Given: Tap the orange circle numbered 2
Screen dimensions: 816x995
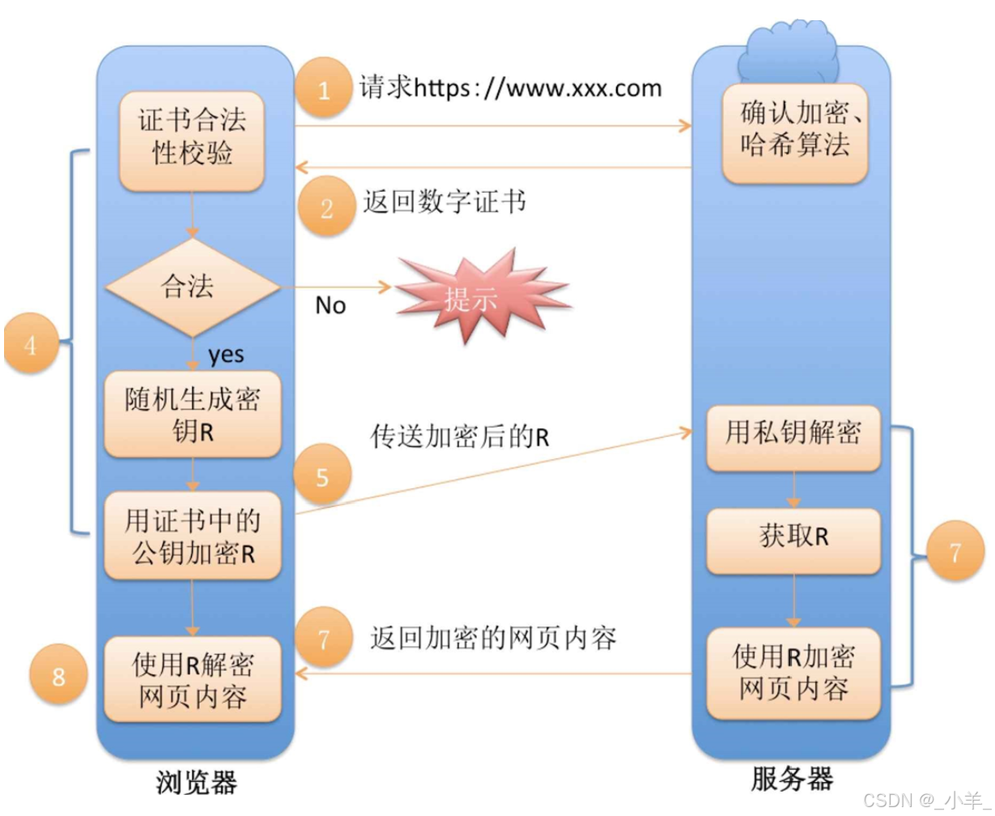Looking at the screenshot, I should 325,208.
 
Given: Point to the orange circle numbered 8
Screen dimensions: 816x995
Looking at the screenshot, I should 58,675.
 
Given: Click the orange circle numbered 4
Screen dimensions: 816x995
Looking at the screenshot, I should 31,346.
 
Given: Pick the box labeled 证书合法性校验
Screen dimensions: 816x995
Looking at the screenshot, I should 192,139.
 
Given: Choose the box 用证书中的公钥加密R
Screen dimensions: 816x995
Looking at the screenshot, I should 192,534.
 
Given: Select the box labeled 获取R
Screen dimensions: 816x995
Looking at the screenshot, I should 793,538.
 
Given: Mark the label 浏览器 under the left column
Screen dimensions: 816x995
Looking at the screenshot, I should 196,781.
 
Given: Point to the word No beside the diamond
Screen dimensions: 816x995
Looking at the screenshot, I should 330,305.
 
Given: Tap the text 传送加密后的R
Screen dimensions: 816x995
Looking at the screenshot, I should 460,437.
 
